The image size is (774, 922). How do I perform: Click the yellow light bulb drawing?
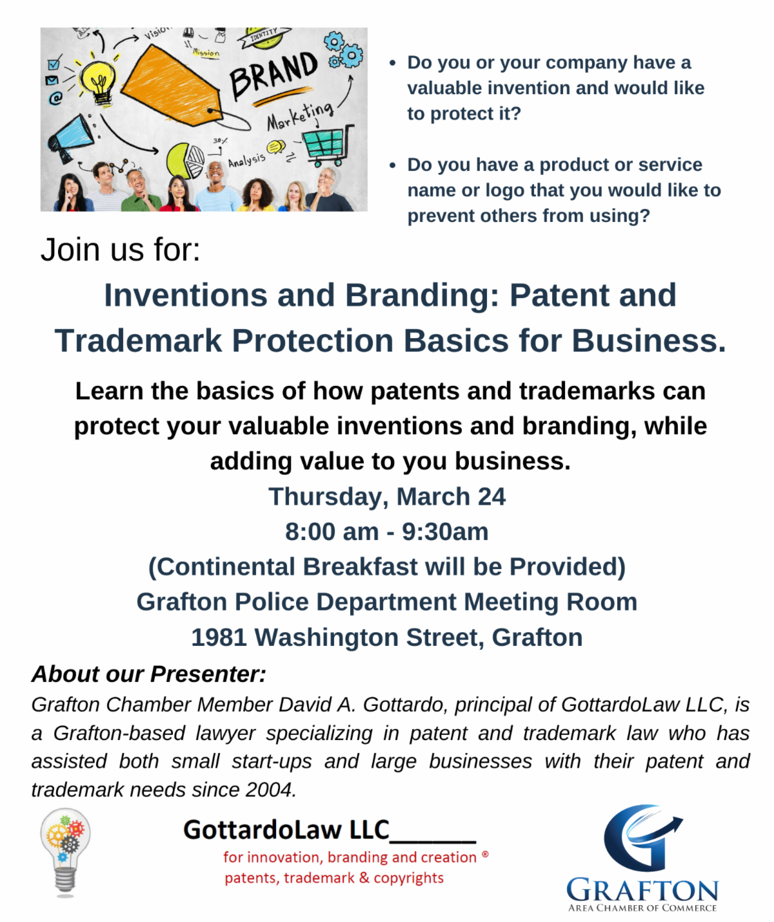coord(99,81)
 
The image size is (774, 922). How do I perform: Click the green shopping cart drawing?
coord(328,143)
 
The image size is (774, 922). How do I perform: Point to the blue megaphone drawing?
coord(70,136)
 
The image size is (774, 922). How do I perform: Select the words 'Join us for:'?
coord(121,250)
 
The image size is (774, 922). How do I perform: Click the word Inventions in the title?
coord(185,296)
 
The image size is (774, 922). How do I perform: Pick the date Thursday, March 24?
coord(387,497)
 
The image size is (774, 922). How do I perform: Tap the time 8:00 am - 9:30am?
coord(387,532)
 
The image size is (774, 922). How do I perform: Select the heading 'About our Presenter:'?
coord(149,674)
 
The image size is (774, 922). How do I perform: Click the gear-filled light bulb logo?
coord(65,852)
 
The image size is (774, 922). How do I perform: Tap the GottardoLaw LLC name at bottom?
coord(286,830)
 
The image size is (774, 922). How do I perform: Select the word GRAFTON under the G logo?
coord(642,890)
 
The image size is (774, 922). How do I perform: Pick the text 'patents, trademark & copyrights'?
coord(334,877)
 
